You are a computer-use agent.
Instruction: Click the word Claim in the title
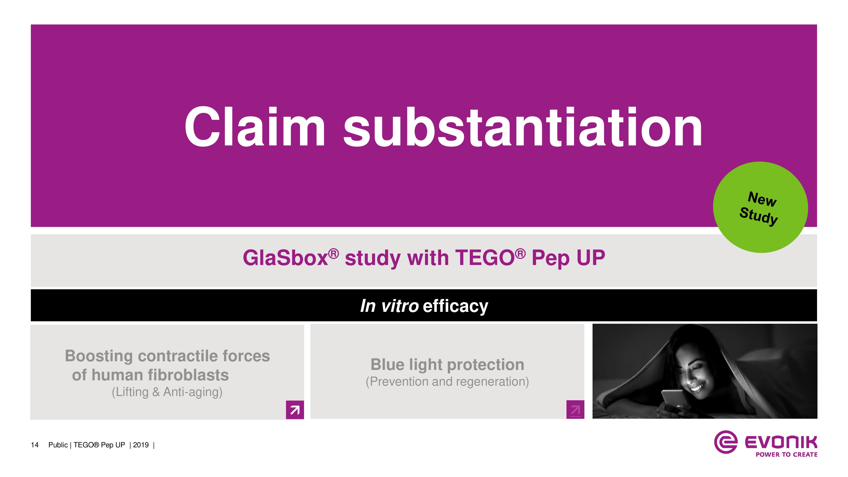(x=255, y=127)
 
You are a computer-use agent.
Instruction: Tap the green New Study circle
(x=760, y=207)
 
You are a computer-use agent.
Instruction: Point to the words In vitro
(x=389, y=306)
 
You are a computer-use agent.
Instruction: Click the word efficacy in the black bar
(x=456, y=307)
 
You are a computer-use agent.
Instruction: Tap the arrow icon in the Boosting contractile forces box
(x=295, y=410)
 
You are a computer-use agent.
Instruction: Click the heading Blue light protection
(x=447, y=365)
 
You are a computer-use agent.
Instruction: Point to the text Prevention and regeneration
(x=447, y=382)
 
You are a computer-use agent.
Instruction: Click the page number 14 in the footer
(x=35, y=445)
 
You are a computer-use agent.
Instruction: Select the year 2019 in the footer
(x=141, y=445)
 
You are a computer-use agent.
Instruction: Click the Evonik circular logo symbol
(x=725, y=442)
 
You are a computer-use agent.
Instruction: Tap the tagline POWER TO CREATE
(x=787, y=455)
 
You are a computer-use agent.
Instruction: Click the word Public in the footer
(x=58, y=445)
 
